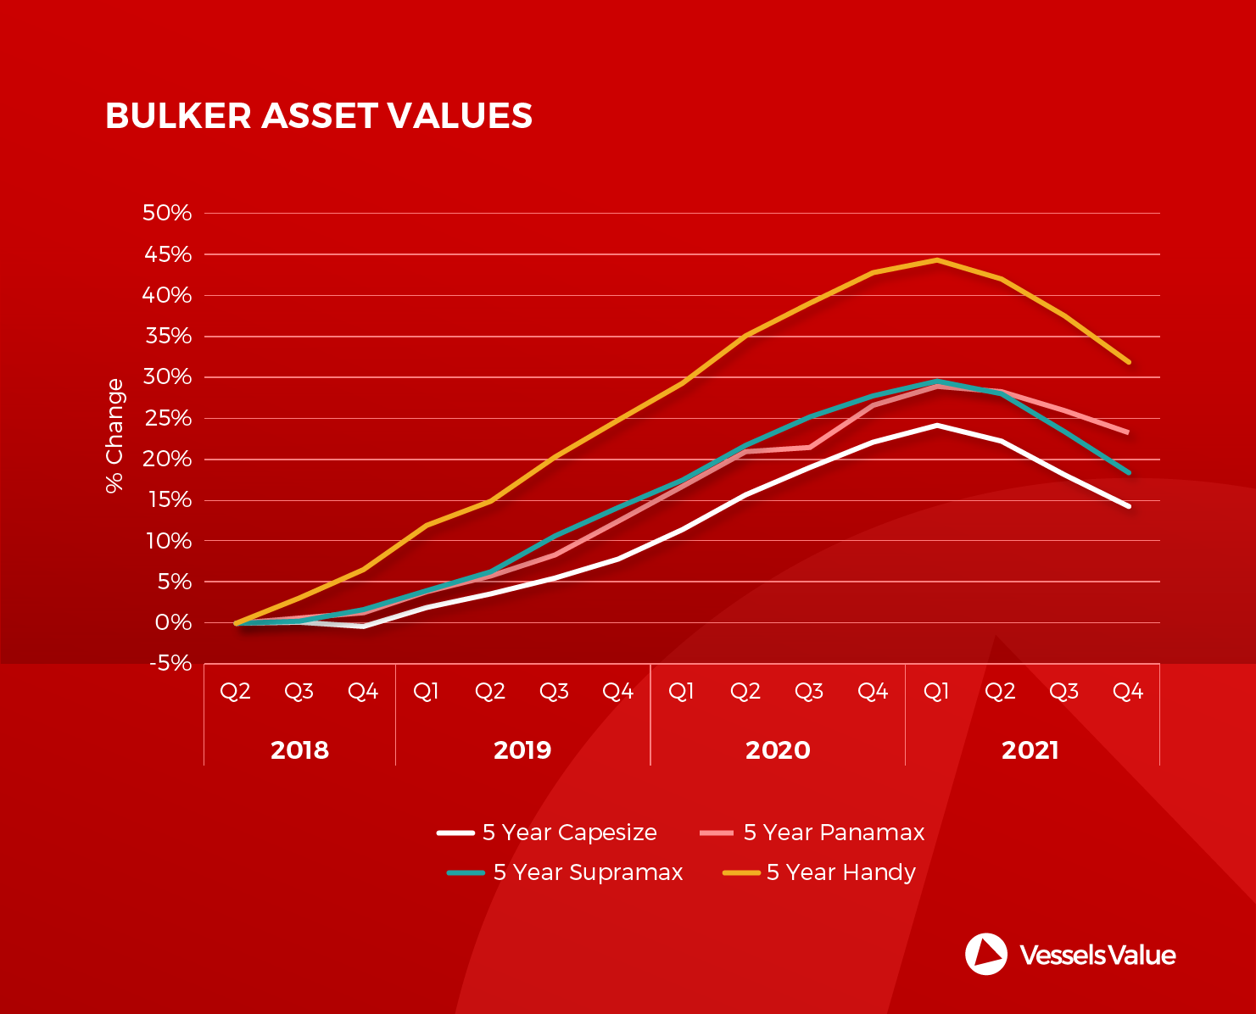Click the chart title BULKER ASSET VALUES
(x=318, y=116)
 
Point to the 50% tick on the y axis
(x=168, y=213)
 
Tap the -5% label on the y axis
(x=170, y=663)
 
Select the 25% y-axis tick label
(x=168, y=418)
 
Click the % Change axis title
(x=114, y=435)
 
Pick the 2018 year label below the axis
(x=299, y=750)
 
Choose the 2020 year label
(x=778, y=750)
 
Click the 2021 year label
(x=1030, y=750)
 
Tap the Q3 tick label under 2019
(x=554, y=692)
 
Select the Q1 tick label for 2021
(x=936, y=692)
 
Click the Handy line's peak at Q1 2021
(x=937, y=260)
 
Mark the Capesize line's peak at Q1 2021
(x=937, y=425)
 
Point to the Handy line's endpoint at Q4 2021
(x=1128, y=362)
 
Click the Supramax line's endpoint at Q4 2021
(x=1128, y=472)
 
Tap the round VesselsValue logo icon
(x=986, y=954)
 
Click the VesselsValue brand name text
(x=1097, y=955)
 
